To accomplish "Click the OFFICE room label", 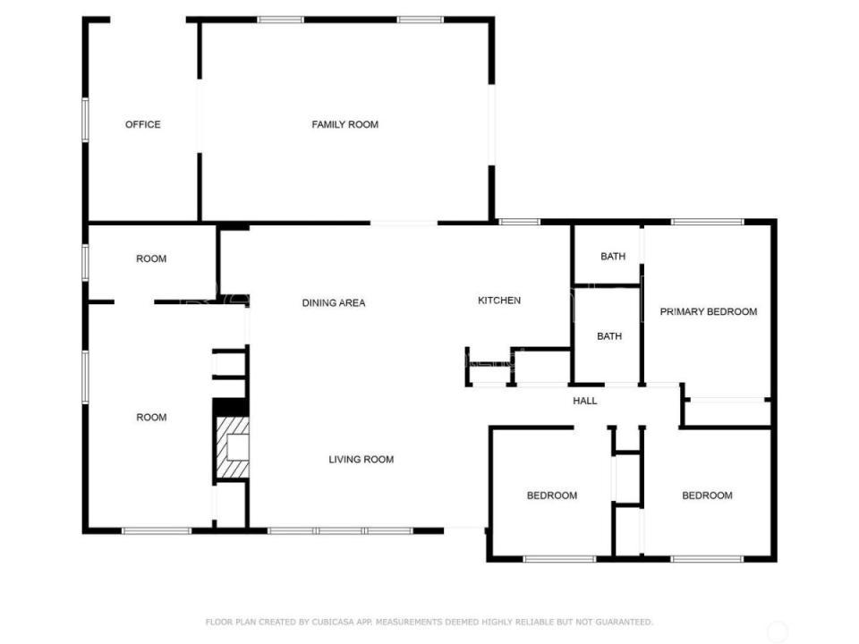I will coord(143,124).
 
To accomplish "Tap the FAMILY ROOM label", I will coord(344,124).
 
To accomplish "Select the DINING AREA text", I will coord(333,303).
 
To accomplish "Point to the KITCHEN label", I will coord(499,301).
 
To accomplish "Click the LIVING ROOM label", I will coord(361,460).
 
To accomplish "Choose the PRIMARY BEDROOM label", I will coord(708,312).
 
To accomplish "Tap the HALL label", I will coord(585,401).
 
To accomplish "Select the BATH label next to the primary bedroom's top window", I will coord(613,257).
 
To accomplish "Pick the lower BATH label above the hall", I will coord(609,336).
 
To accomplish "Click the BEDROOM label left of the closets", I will coord(551,496).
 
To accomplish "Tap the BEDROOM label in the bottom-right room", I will coord(707,496).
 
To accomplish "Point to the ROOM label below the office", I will coord(151,259).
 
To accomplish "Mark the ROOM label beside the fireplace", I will coord(151,417).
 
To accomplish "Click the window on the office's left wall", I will coord(86,119).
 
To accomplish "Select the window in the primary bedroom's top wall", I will coord(707,221).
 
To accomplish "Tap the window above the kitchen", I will coord(519,221).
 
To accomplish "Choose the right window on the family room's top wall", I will coord(420,19).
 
